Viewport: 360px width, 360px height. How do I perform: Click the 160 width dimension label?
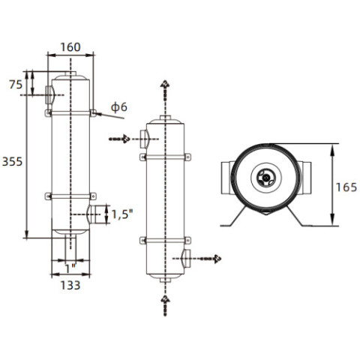click(x=70, y=47)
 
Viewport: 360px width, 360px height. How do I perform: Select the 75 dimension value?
click(x=16, y=85)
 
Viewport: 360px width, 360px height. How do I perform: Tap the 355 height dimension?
click(x=12, y=162)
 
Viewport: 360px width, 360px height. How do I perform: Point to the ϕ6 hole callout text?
click(x=119, y=107)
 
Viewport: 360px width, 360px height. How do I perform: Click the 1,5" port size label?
click(x=122, y=214)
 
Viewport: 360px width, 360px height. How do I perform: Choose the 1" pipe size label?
click(x=70, y=269)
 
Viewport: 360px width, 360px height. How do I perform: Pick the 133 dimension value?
click(x=70, y=285)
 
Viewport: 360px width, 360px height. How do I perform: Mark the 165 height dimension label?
click(x=346, y=187)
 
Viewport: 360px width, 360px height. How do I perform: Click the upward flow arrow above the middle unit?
click(x=165, y=91)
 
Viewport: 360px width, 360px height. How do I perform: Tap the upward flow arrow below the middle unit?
click(x=165, y=305)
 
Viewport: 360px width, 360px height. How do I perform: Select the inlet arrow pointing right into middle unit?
click(x=119, y=139)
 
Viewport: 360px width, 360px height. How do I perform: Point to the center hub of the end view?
click(x=266, y=178)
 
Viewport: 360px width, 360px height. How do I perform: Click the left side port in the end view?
click(x=226, y=178)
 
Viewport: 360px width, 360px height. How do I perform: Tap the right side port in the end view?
click(x=304, y=178)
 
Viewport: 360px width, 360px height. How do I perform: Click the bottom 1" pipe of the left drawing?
click(x=70, y=247)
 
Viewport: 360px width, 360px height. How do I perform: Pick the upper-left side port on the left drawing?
click(x=49, y=95)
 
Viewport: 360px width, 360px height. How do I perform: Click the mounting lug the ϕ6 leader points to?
click(x=93, y=113)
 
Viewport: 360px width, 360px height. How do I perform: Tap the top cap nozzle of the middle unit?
click(x=165, y=118)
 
